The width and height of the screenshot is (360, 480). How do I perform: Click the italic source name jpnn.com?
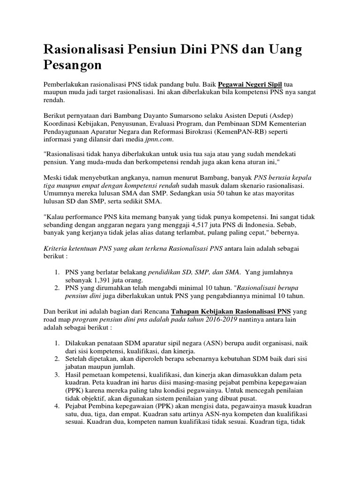tap(159, 139)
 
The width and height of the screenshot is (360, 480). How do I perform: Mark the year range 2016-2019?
tap(216, 319)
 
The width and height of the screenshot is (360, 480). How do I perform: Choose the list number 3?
tap(55, 375)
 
